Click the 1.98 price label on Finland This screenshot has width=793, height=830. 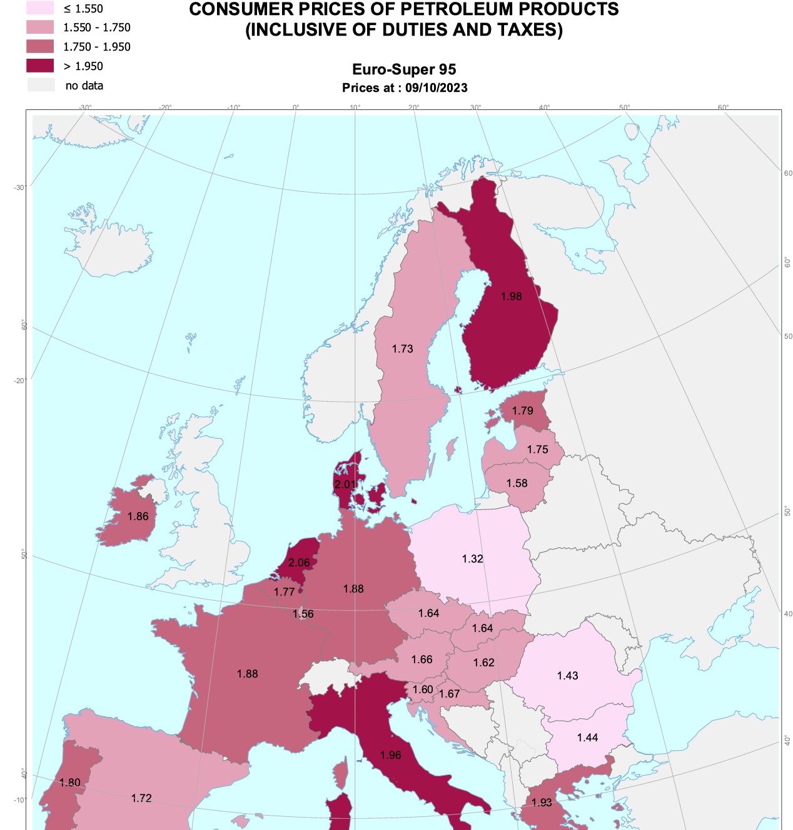coord(511,296)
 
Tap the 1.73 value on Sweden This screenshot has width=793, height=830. coord(403,349)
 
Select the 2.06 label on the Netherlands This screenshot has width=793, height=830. coord(299,562)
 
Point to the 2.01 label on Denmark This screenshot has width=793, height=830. coord(345,484)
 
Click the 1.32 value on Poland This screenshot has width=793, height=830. coord(473,559)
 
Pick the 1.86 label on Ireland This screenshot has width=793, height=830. coord(138,516)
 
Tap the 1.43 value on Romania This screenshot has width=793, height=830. coord(568,676)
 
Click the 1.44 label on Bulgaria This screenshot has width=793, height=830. coord(588,737)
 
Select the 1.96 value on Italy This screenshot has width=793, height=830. coord(391,755)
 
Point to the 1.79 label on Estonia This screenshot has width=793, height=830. coord(523,411)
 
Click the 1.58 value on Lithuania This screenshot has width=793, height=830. coord(517,483)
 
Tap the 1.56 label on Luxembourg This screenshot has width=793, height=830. coord(303,614)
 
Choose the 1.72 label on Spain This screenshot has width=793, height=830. coord(141,798)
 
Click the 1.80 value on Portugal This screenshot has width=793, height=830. coord(70,782)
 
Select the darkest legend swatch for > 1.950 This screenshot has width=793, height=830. coord(40,66)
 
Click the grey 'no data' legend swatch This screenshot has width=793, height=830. coord(40,85)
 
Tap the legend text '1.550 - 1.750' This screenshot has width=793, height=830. coord(97,27)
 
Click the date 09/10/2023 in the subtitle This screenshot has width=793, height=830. coord(437,87)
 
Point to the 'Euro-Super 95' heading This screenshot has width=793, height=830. coord(404,69)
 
